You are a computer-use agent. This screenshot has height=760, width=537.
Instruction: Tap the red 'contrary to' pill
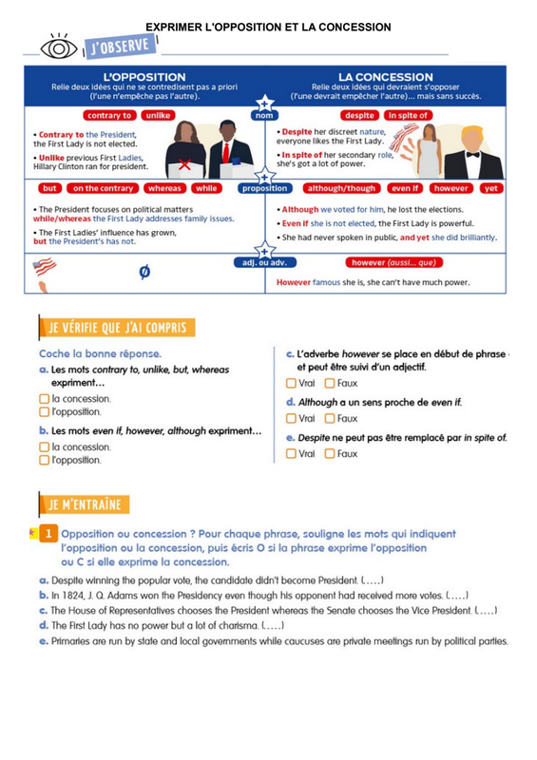(109, 115)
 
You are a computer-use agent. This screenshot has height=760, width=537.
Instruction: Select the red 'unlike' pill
(158, 115)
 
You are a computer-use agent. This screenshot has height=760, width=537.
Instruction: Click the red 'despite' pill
(359, 115)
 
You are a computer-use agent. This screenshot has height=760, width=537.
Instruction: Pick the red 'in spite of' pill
(408, 115)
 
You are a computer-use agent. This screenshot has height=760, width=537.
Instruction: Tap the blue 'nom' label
(264, 115)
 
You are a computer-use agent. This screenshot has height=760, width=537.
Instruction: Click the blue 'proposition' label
(265, 188)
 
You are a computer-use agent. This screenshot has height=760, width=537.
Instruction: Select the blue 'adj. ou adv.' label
(264, 262)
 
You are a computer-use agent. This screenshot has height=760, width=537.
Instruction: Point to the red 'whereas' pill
(164, 188)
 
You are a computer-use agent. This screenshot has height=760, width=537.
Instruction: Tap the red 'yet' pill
(491, 188)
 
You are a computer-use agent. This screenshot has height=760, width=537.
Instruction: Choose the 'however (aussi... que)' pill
(393, 262)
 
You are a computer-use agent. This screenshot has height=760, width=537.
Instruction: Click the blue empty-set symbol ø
(144, 272)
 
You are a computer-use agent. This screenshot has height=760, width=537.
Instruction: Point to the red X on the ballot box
(184, 164)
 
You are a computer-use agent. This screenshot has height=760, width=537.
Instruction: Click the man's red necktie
(225, 152)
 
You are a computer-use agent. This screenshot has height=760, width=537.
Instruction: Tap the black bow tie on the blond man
(472, 155)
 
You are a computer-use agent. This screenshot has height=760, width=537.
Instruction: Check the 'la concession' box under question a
(44, 398)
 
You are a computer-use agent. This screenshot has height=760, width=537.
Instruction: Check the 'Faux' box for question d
(330, 418)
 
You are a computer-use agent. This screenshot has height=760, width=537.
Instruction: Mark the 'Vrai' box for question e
(291, 453)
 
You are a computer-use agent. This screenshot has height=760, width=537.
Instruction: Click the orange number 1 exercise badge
(48, 534)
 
